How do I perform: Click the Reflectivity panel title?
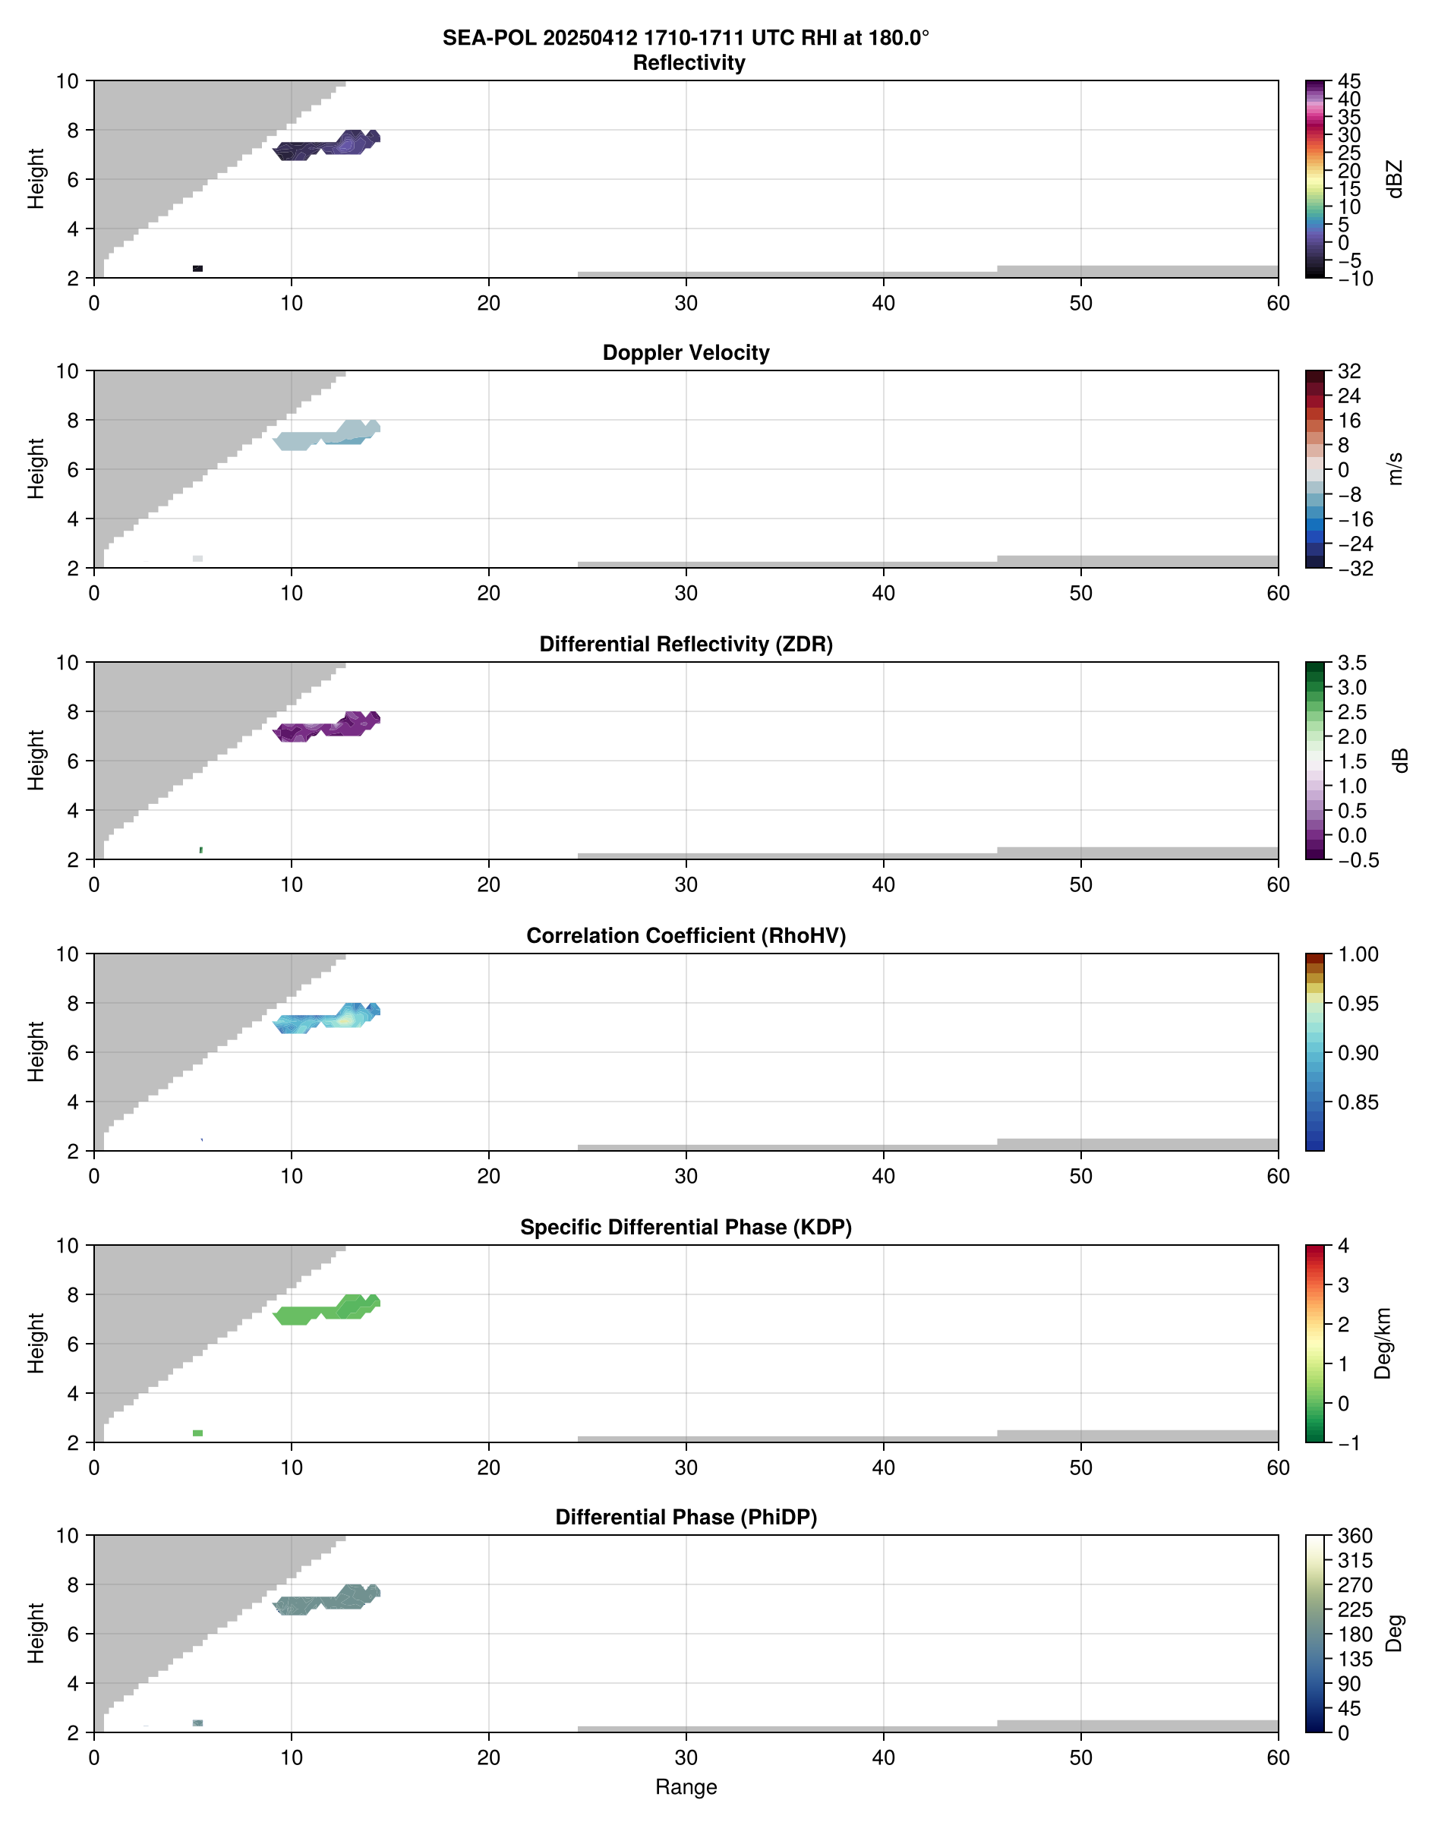688,63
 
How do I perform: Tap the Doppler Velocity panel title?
686,353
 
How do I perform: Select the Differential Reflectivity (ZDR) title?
686,645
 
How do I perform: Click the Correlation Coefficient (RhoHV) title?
686,936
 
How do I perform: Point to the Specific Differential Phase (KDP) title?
686,1228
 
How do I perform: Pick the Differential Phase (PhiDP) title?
686,1517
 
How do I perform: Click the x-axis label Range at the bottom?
686,1787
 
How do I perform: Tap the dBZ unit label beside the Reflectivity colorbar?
1395,179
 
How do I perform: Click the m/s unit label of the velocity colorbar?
1395,468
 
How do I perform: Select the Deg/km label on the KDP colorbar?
1383,1343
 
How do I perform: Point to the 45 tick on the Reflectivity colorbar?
1349,81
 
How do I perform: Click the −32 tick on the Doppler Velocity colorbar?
1355,569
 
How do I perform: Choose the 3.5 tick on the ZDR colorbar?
1351,663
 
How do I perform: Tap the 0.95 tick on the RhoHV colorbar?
1358,1004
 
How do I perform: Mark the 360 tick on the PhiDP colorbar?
1355,1537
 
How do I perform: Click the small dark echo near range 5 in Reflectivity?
197,269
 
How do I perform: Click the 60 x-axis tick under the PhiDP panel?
1278,1757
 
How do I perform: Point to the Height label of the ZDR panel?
35,760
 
